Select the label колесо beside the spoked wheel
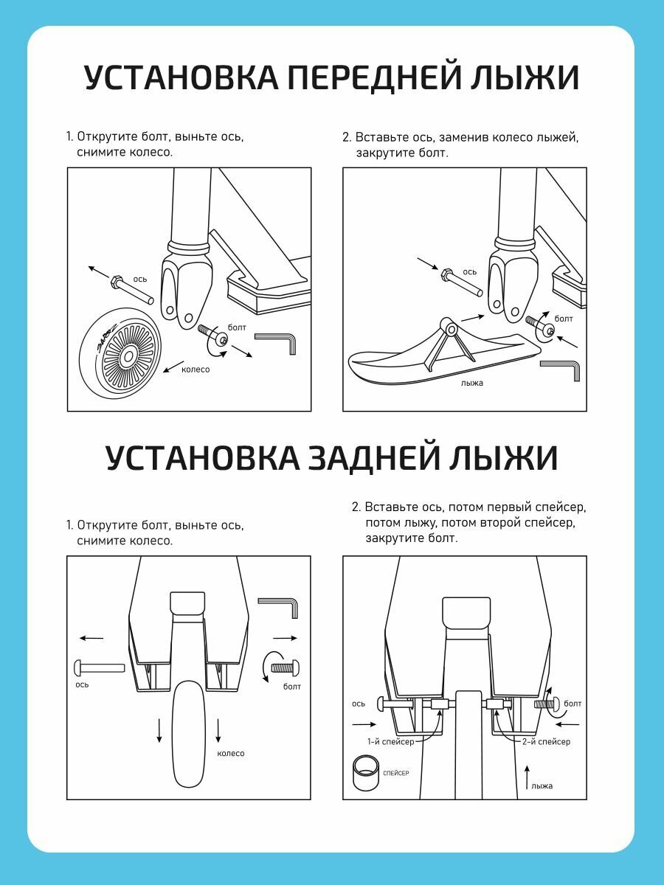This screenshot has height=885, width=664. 196,369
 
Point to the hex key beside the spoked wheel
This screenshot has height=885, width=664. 277,341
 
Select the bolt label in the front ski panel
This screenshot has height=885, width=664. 564,319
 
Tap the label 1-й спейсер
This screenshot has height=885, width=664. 391,741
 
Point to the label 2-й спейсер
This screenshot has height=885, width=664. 544,741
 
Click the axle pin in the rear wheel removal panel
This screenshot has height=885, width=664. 99,667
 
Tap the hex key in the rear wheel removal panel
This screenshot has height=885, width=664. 279,607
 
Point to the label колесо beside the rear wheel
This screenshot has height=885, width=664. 230,753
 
